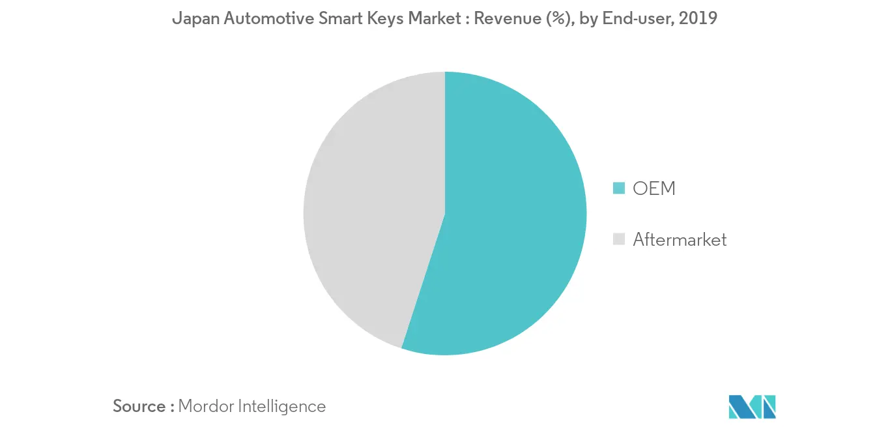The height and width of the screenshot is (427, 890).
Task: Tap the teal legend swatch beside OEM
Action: point(619,189)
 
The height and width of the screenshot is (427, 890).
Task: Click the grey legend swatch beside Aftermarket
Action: point(619,240)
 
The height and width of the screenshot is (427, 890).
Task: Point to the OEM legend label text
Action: point(654,189)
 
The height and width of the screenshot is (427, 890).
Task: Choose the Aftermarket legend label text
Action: point(680,240)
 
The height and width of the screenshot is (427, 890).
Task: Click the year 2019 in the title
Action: point(698,19)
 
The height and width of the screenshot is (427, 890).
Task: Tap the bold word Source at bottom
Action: point(139,406)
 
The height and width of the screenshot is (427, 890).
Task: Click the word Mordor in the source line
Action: point(207,406)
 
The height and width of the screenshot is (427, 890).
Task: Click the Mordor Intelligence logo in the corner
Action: point(753,406)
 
